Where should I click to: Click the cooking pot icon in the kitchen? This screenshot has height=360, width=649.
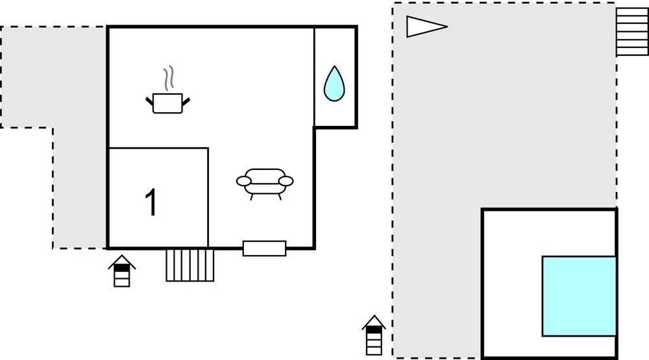(x=167, y=103)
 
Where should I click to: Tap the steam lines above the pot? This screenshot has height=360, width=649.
(x=168, y=78)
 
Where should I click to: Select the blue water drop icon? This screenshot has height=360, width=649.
(x=334, y=84)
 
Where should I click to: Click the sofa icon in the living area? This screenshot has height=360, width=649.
(x=265, y=184)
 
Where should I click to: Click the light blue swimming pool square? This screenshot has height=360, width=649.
(x=579, y=296)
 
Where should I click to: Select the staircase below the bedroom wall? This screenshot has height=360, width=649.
(x=190, y=265)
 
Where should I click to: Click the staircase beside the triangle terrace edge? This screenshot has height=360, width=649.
(x=632, y=32)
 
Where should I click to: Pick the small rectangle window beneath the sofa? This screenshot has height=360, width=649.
(x=264, y=248)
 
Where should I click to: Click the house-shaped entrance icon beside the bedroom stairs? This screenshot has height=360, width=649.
(x=122, y=271)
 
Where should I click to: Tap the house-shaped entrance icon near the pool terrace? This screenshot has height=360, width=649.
(x=374, y=335)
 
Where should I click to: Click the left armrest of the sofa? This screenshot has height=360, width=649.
(x=243, y=181)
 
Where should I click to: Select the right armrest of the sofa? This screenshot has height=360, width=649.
(x=286, y=181)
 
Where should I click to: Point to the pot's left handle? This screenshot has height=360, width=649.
(x=149, y=101)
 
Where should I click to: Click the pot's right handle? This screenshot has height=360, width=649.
(x=186, y=101)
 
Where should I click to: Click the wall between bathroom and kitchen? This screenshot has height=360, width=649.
(x=314, y=77)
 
